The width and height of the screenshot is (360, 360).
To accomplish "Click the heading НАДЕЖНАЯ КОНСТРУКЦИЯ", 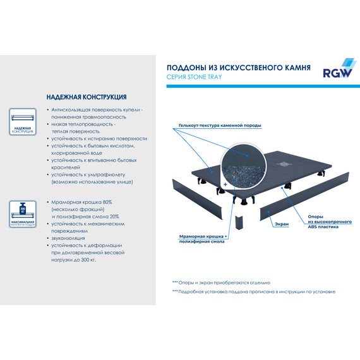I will coord(87,98).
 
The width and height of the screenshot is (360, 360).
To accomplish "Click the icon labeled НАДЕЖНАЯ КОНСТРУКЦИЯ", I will coord(23,121).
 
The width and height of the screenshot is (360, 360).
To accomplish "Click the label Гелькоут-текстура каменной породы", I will coord(219,126).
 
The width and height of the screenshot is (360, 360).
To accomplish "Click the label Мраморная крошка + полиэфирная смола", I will coord(199,238).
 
